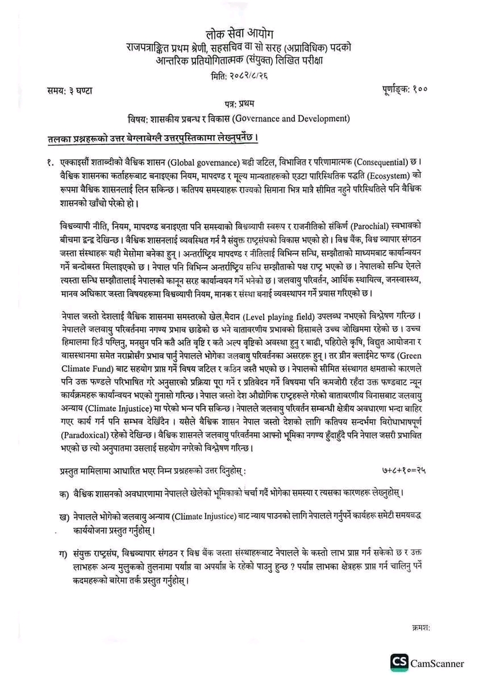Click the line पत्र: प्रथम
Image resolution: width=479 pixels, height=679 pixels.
tap(239, 103)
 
